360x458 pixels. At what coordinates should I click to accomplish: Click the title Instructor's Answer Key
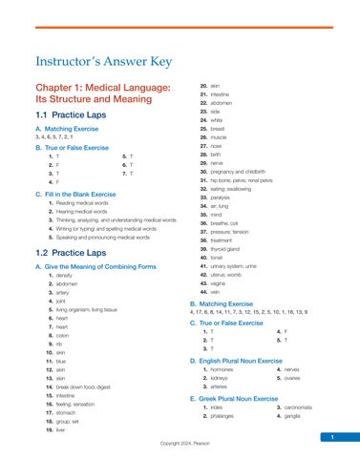pos(102,63)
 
